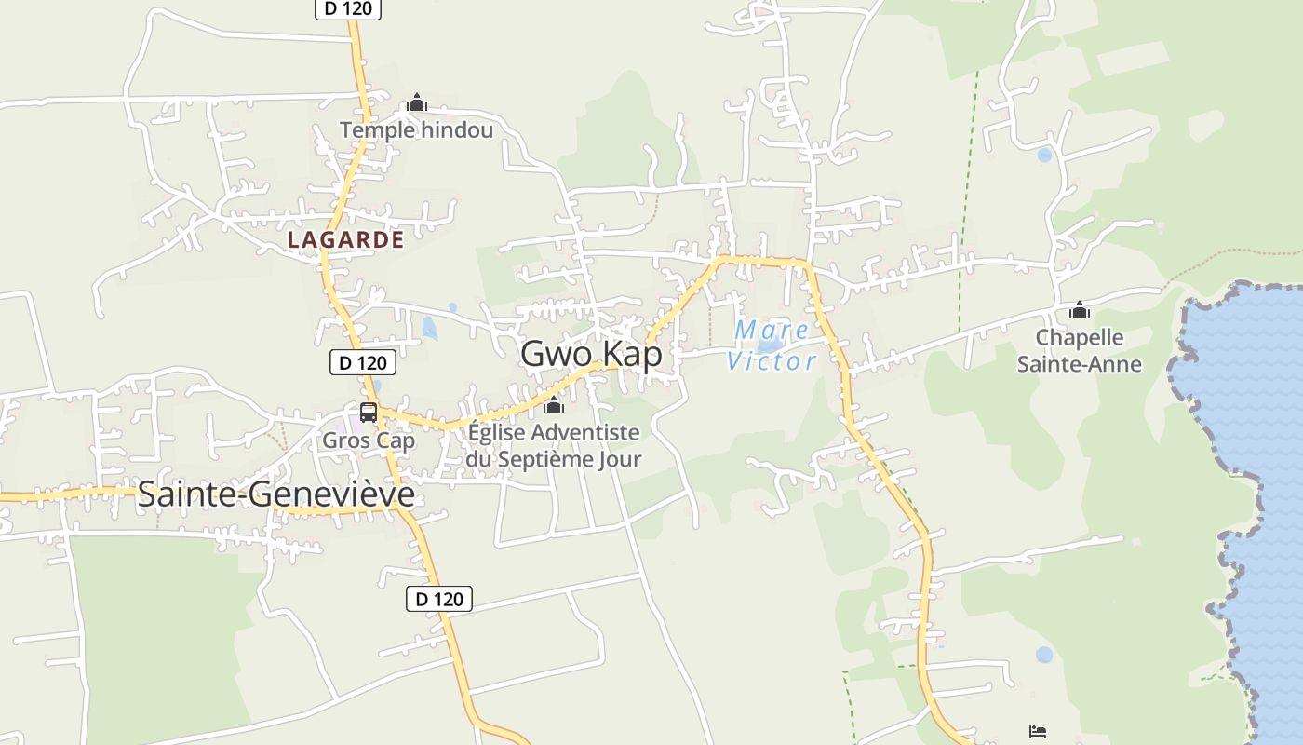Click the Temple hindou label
[416, 129]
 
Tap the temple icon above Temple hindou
[416, 102]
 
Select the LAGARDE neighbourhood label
[345, 239]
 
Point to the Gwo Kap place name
[591, 354]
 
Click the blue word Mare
[772, 330]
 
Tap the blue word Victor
[772, 361]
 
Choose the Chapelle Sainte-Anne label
[1079, 350]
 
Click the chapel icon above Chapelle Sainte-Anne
[1079, 310]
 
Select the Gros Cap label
[369, 440]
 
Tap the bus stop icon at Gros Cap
[369, 412]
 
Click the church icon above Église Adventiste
[554, 405]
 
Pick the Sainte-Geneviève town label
[275, 494]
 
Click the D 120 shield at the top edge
[348, 8]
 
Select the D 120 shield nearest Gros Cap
[363, 362]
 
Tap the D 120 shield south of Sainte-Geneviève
[439, 599]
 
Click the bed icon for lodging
[1038, 732]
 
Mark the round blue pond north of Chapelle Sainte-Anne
[1044, 156]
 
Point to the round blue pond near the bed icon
[1044, 655]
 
